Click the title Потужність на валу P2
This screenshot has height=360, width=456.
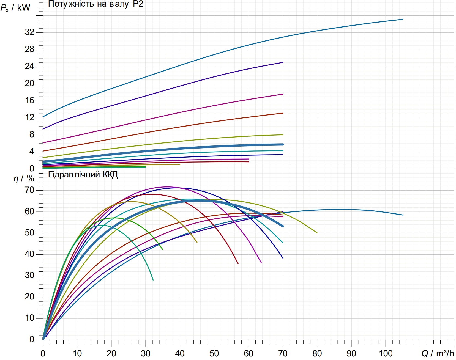point(95,4)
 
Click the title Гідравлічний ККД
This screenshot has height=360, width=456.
point(83,175)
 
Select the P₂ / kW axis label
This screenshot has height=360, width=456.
point(15,8)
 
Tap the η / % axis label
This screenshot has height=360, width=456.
point(24,178)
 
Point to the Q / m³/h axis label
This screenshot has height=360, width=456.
point(438,353)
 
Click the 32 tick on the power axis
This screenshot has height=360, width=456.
point(29,32)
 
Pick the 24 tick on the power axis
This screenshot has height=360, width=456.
point(29,66)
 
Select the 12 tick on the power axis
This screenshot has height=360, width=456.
point(29,117)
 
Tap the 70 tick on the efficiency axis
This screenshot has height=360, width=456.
point(29,190)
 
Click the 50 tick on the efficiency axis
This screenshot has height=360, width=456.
point(29,233)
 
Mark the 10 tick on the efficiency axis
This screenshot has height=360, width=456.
point(29,318)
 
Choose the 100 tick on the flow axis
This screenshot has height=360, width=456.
point(386,353)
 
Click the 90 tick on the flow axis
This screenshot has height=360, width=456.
point(351,353)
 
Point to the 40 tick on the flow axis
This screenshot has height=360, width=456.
point(180,353)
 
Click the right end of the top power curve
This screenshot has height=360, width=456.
point(403,19)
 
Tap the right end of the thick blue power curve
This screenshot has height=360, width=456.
point(283,144)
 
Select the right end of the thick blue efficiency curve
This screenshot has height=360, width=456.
point(283,226)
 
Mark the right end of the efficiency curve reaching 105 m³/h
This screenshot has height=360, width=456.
point(403,215)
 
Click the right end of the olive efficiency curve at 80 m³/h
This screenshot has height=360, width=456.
point(317,233)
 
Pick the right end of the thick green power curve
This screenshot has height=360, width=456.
point(146,167)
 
